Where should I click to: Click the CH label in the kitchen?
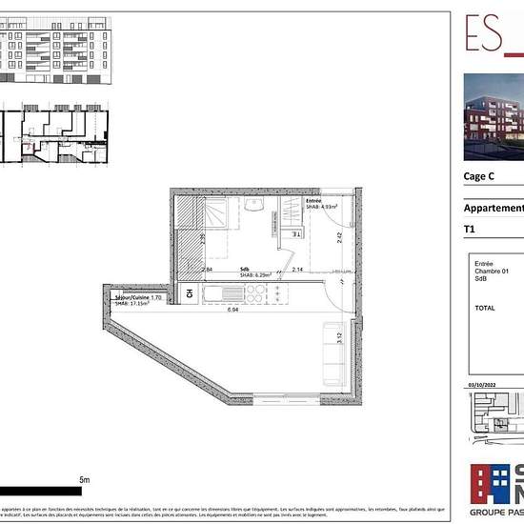(190, 293)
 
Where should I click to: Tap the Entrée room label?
(313, 201)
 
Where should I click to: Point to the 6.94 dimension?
(232, 310)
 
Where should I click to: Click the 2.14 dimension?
(297, 271)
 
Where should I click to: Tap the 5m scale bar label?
(83, 480)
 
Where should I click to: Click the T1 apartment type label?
(469, 230)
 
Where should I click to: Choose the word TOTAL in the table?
(485, 308)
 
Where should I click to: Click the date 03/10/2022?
(483, 384)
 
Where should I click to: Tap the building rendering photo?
(494, 116)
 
